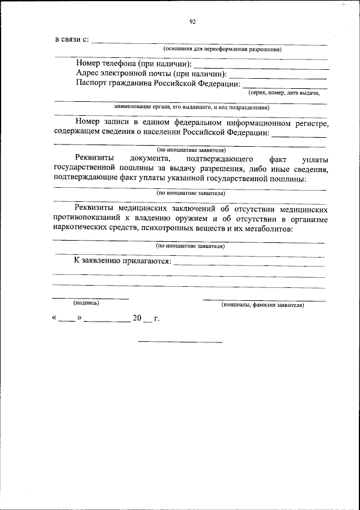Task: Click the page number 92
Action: (x=192, y=22)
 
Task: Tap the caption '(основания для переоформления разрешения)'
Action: (x=222, y=49)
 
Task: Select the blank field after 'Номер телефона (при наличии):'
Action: (x=261, y=67)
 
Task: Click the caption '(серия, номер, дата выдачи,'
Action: (x=283, y=93)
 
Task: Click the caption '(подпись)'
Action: (x=86, y=303)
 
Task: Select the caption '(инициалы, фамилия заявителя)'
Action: (x=263, y=305)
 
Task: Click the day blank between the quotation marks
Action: (x=66, y=321)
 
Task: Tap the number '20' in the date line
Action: (x=138, y=318)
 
